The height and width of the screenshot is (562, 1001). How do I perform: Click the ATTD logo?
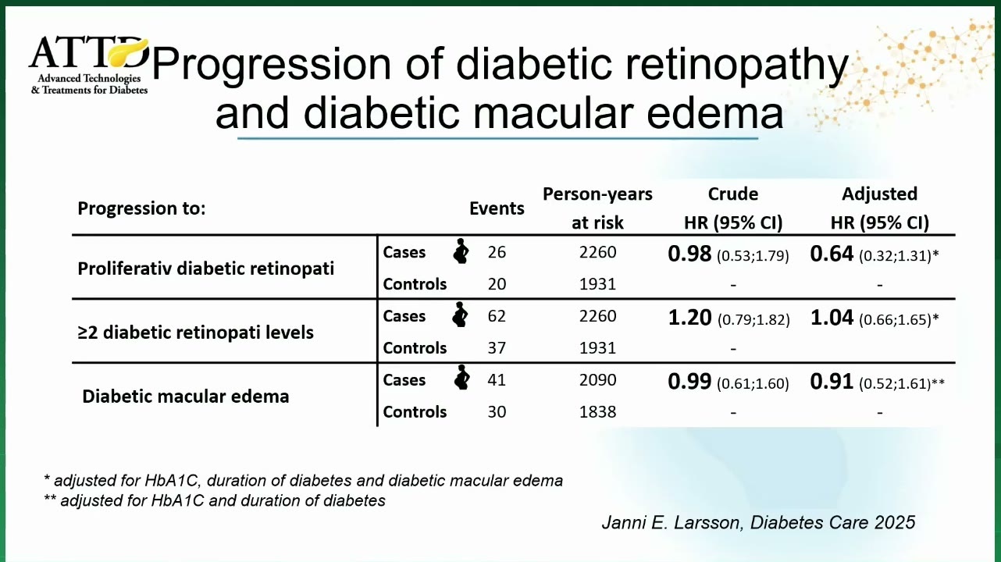point(88,66)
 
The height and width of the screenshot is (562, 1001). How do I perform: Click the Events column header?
point(497,208)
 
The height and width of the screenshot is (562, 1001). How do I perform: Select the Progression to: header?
point(141,208)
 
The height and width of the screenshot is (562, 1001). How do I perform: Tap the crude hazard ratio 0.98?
point(689,254)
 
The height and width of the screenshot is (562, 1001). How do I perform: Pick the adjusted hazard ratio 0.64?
point(832,254)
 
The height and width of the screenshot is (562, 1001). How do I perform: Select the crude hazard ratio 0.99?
point(689,381)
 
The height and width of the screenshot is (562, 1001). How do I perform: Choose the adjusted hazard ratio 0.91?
point(832,381)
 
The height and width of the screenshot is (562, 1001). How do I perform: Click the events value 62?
point(497,316)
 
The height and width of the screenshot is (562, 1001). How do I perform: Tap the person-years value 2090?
point(597,379)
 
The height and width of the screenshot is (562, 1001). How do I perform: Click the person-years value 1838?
point(597,411)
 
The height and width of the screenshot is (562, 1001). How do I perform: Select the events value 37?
point(497,347)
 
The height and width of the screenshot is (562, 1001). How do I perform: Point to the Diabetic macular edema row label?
point(186,397)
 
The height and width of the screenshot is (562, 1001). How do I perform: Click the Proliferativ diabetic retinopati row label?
point(205,269)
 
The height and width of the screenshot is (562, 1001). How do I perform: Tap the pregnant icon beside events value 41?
point(461,378)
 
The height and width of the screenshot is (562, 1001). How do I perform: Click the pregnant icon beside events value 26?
point(461,251)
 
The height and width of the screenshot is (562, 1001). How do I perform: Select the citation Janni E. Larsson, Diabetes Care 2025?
point(758,522)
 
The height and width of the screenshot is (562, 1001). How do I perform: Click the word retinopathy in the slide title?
point(736,65)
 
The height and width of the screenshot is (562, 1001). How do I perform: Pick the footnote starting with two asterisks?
point(215,500)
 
